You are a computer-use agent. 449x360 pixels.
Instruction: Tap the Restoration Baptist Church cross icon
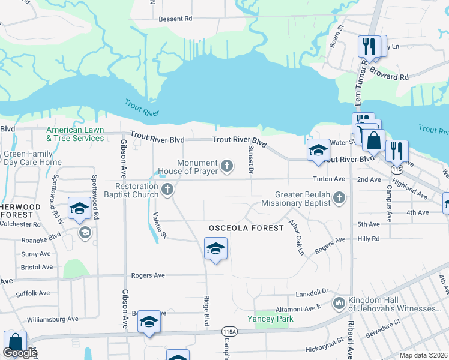click(167, 190)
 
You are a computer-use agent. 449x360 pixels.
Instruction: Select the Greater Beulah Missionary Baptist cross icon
click(339, 198)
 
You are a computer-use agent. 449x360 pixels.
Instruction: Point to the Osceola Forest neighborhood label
click(246, 229)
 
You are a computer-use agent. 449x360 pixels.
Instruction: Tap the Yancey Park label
click(271, 319)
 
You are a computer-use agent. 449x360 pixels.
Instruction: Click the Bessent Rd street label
click(175, 19)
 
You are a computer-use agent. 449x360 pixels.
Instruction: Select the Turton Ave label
click(329, 179)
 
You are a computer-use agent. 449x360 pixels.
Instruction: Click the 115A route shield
click(229, 331)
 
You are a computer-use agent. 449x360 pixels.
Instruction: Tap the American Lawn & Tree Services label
click(75, 134)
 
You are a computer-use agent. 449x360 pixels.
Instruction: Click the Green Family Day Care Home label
click(32, 158)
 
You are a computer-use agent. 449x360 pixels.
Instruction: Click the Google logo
click(20, 353)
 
